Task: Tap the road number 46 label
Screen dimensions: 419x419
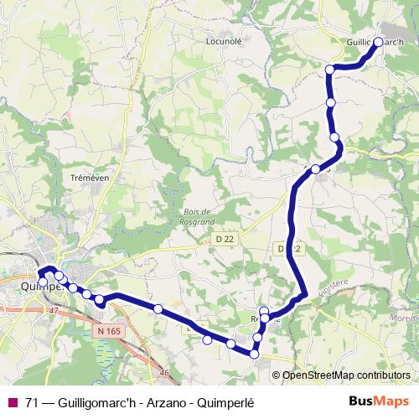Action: (x=164, y=373)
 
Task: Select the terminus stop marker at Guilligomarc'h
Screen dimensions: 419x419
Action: (x=378, y=42)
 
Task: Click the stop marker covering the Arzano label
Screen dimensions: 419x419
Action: (x=316, y=169)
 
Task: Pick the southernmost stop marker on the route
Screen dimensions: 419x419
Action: (x=254, y=354)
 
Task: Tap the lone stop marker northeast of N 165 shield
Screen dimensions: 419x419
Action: (x=158, y=308)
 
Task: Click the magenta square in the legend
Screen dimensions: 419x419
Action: (x=12, y=402)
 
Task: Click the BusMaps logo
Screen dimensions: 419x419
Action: (x=380, y=401)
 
